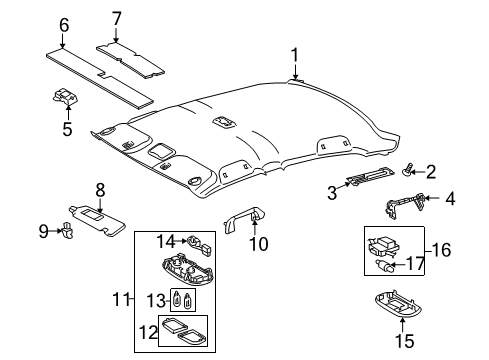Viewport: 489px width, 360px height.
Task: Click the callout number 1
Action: pyautogui.click(x=295, y=54)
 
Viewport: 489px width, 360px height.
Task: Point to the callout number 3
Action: pyautogui.click(x=450, y=199)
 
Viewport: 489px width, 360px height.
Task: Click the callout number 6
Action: pyautogui.click(x=117, y=18)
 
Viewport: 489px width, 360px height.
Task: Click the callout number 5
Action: pyautogui.click(x=68, y=128)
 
